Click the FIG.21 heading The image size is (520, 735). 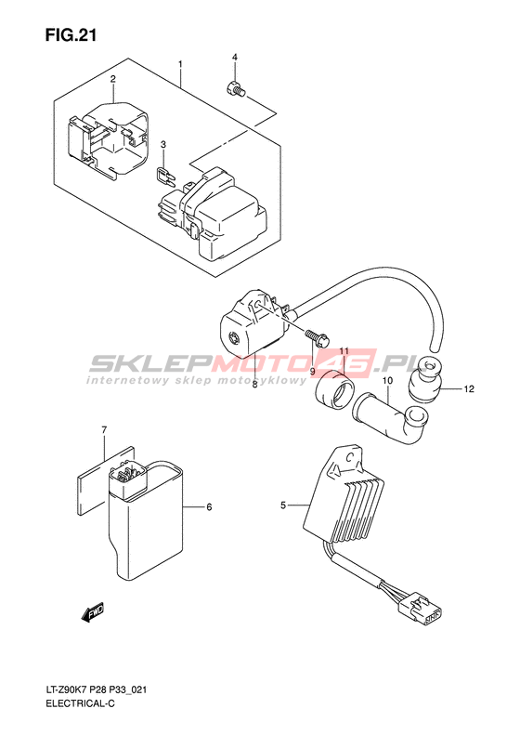pyautogui.click(x=71, y=35)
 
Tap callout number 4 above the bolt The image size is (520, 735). pyautogui.click(x=235, y=58)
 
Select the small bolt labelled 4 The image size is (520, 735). pyautogui.click(x=235, y=89)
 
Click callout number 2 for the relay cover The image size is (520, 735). pyautogui.click(x=113, y=78)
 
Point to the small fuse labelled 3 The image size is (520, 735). pyautogui.click(x=164, y=175)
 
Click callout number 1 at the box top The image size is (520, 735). pyautogui.click(x=179, y=64)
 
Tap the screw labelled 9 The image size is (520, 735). pyautogui.click(x=318, y=336)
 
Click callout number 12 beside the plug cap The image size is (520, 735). pyautogui.click(x=469, y=388)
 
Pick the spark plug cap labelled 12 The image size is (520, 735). pyautogui.click(x=425, y=379)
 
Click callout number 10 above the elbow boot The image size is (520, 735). pyautogui.click(x=387, y=381)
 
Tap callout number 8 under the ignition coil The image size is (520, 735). pyautogui.click(x=254, y=385)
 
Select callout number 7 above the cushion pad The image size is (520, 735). pyautogui.click(x=104, y=429)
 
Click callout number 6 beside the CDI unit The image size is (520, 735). pyautogui.click(x=209, y=506)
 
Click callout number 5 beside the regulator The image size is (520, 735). pyautogui.click(x=283, y=505)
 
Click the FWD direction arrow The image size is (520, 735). pyautogui.click(x=92, y=611)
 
